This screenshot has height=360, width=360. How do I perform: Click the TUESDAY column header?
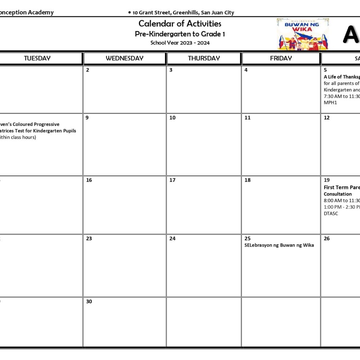pyautogui.click(x=37, y=58)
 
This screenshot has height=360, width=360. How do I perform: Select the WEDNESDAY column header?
pyautogui.click(x=125, y=58)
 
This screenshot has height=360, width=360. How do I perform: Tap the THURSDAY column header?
pyautogui.click(x=204, y=58)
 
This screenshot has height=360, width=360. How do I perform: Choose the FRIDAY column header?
pyautogui.click(x=281, y=58)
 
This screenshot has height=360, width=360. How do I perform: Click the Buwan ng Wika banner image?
pyautogui.click(x=303, y=34)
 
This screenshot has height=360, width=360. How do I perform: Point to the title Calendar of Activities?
pyautogui.click(x=180, y=24)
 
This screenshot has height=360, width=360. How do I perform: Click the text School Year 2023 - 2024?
pyautogui.click(x=180, y=43)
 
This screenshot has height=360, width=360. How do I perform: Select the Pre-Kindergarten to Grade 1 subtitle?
pyautogui.click(x=180, y=34)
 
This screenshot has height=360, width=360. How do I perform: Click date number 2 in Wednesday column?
pyautogui.click(x=87, y=70)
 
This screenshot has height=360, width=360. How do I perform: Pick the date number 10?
pyautogui.click(x=172, y=118)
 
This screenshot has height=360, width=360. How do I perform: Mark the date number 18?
pyautogui.click(x=247, y=180)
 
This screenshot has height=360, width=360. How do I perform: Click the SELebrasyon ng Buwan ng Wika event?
pyautogui.click(x=279, y=245)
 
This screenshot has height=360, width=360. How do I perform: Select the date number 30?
pyautogui.click(x=89, y=301)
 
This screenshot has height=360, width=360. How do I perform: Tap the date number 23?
pyautogui.click(x=89, y=238)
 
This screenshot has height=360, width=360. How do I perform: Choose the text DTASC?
pyautogui.click(x=331, y=213)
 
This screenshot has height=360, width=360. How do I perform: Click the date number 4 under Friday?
pyautogui.click(x=246, y=70)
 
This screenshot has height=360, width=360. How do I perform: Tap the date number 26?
pyautogui.click(x=327, y=238)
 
